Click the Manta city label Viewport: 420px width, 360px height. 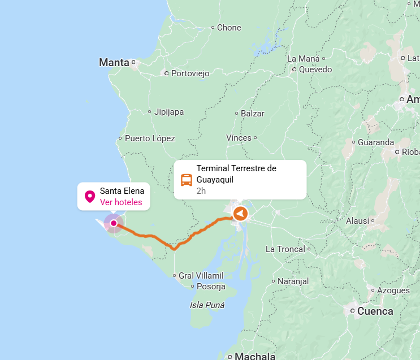pyautogui.click(x=114, y=62)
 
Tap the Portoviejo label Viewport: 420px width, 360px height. pyautogui.click(x=190, y=73)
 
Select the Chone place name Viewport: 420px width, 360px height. pyautogui.click(x=229, y=28)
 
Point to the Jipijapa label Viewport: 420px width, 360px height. pyautogui.click(x=169, y=112)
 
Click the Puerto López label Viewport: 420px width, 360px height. pyautogui.click(x=150, y=138)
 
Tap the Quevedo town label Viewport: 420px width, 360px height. pyautogui.click(x=315, y=70)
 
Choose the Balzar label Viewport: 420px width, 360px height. pyautogui.click(x=252, y=114)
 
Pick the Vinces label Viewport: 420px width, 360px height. pyautogui.click(x=239, y=137)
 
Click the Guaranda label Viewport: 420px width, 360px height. pyautogui.click(x=376, y=142)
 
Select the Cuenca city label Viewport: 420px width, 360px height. pyautogui.click(x=375, y=311)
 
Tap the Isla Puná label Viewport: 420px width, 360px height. pyautogui.click(x=207, y=305)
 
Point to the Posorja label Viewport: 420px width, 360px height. pyautogui.click(x=211, y=287)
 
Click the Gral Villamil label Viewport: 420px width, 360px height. pyautogui.click(x=201, y=275)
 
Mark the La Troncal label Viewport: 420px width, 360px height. pyautogui.click(x=285, y=249)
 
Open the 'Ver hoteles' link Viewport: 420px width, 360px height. pyautogui.click(x=121, y=202)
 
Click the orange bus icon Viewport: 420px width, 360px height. pyautogui.click(x=187, y=180)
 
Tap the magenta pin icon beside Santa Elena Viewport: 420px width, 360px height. pyautogui.click(x=89, y=197)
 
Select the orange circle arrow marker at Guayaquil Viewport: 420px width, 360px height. pyautogui.click(x=240, y=214)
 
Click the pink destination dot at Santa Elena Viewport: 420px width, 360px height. pyautogui.click(x=114, y=223)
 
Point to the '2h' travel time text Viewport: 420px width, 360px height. pyautogui.click(x=201, y=191)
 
